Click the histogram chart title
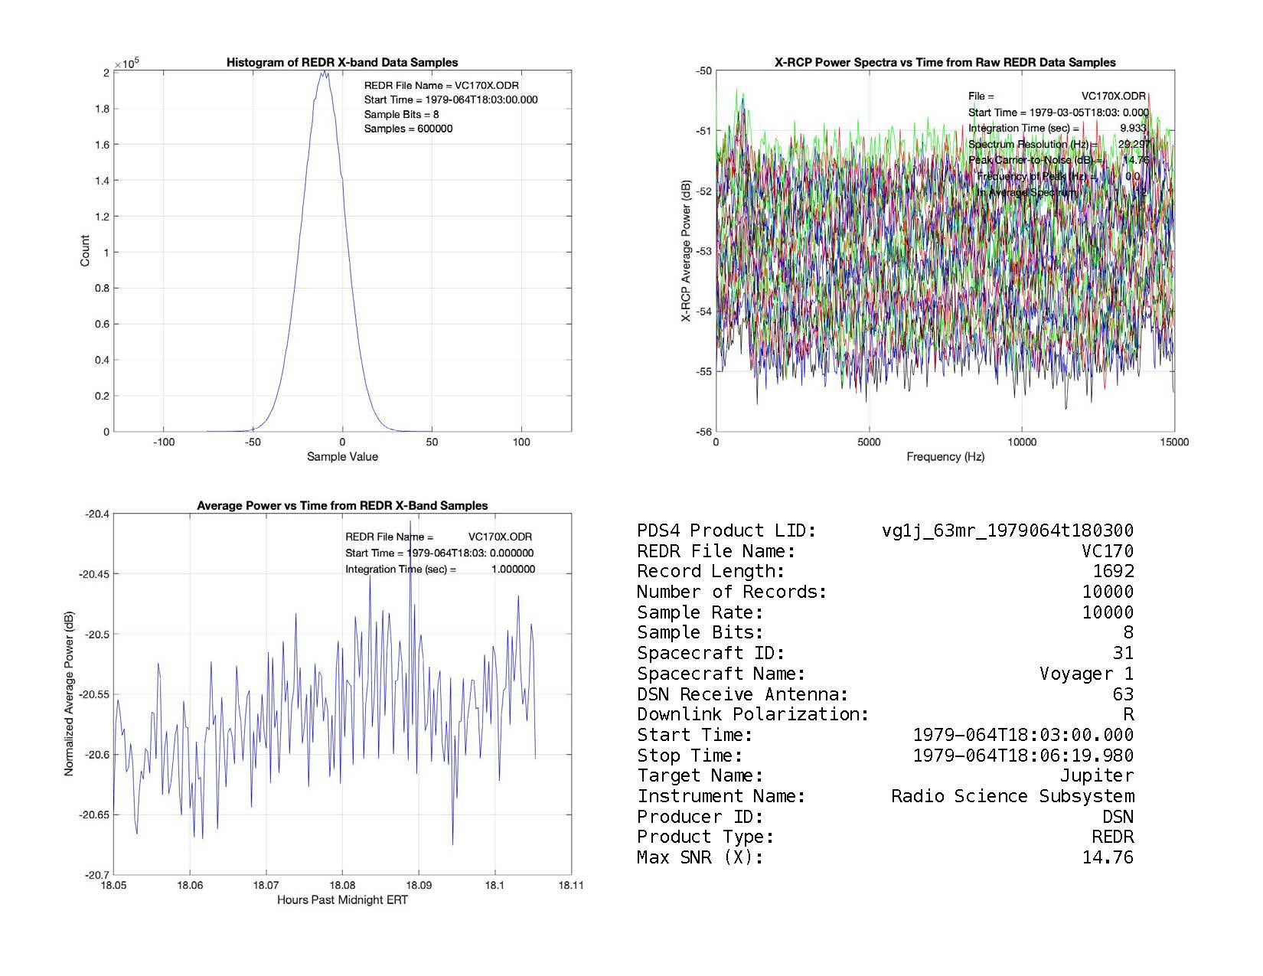coord(342,63)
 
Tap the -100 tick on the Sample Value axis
coord(163,442)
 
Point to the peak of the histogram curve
coord(324,72)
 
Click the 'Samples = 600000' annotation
coord(408,129)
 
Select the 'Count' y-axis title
coord(85,251)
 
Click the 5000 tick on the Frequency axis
coord(869,442)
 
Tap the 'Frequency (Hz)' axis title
coord(945,457)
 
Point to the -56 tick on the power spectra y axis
coord(703,432)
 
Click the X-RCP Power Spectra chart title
coord(945,63)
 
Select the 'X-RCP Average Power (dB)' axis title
coord(687,251)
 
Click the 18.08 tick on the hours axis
coord(342,886)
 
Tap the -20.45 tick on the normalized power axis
coord(94,574)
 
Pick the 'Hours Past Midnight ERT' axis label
coord(342,900)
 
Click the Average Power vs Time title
coord(342,506)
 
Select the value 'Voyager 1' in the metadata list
coord(1086,674)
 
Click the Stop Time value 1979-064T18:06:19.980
coord(1023,756)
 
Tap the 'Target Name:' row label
coord(700,776)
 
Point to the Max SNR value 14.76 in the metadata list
coord(1107,858)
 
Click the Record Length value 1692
coord(1113,572)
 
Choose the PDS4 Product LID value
coord(1007,531)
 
